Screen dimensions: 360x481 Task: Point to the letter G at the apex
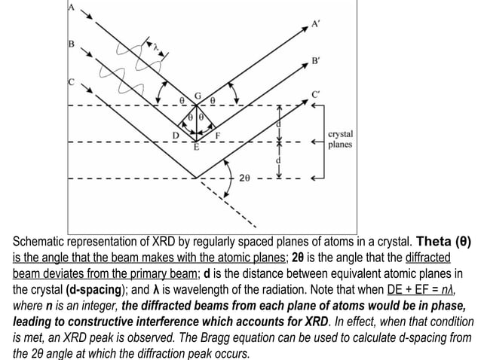pyautogui.click(x=198, y=96)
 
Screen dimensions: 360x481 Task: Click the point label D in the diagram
pyautogui.click(x=175, y=135)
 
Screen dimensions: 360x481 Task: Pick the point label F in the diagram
pyautogui.click(x=219, y=136)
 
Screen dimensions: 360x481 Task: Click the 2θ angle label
pyautogui.click(x=245, y=179)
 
